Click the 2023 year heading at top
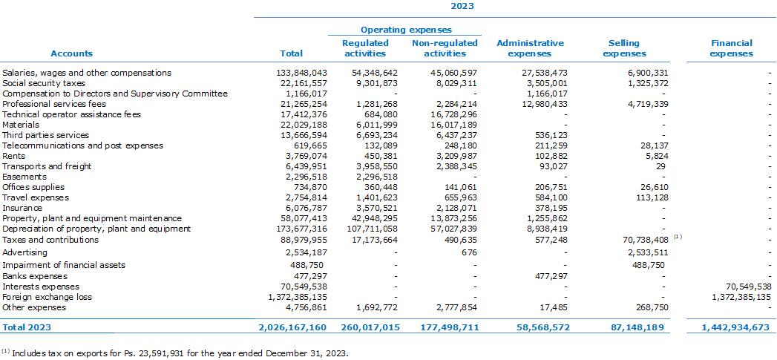point(462,6)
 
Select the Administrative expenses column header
point(530,48)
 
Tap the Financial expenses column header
point(731,48)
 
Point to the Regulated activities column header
point(365,48)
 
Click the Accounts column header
point(72,53)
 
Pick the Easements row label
point(24,177)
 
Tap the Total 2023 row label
point(27,327)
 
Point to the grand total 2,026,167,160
point(292,327)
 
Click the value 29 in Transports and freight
point(663,166)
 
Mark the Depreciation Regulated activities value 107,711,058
point(371,229)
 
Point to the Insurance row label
point(22,208)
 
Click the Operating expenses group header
point(406,30)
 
